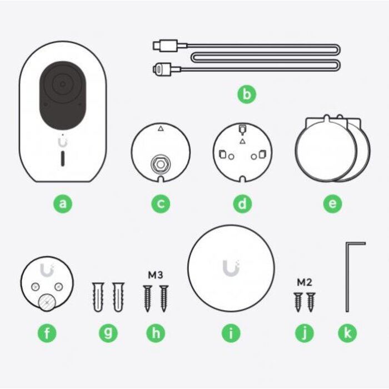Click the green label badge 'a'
tap(62, 204)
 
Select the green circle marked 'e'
tap(332, 204)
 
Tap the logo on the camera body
tap(63, 142)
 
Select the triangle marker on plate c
tap(161, 128)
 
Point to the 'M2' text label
tap(304, 282)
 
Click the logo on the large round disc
tap(231, 269)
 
